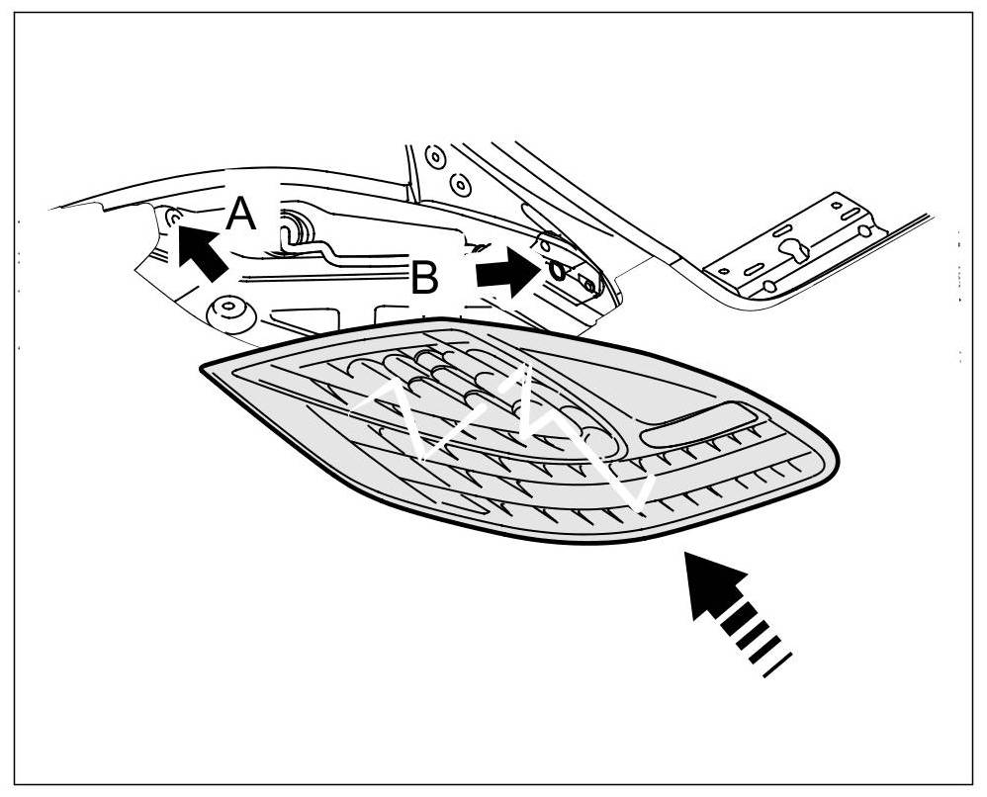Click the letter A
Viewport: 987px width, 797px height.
pyautogui.click(x=240, y=214)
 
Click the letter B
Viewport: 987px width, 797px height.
pyautogui.click(x=424, y=279)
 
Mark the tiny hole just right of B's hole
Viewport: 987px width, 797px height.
pyautogui.click(x=589, y=283)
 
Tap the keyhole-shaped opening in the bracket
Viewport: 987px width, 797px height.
pyautogui.click(x=794, y=252)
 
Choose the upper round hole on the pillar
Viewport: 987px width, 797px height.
pyautogui.click(x=432, y=156)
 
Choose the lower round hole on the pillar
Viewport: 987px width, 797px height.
pyautogui.click(x=458, y=184)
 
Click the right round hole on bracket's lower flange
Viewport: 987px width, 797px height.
pyautogui.click(x=864, y=231)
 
